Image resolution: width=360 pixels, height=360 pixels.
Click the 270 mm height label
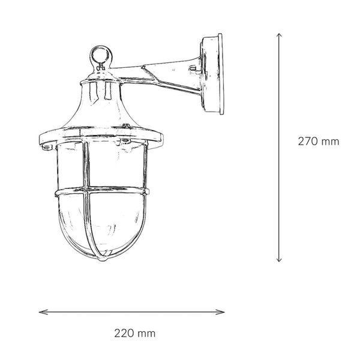click(319, 142)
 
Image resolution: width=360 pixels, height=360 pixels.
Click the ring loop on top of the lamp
click(100, 58)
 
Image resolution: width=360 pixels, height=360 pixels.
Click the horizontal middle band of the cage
click(101, 191)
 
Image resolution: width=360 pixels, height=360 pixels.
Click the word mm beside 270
click(331, 142)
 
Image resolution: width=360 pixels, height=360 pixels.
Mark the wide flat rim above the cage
click(100, 137)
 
